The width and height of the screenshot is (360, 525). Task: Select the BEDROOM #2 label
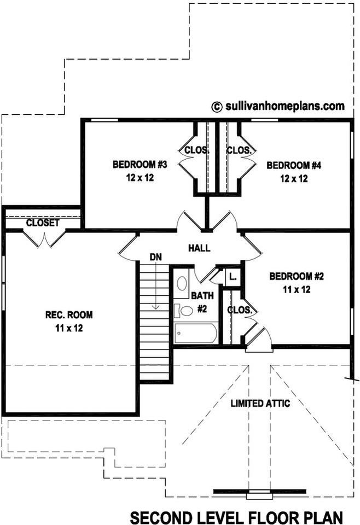[x=297, y=276]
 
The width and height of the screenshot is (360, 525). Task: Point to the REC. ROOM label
[x=68, y=314]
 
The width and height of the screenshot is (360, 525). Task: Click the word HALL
[x=199, y=248]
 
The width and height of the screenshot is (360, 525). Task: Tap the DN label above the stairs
[x=155, y=256]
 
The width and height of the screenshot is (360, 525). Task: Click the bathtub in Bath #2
[x=195, y=332]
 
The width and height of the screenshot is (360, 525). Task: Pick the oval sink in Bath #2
[x=182, y=283]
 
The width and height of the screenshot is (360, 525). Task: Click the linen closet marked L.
[x=232, y=276]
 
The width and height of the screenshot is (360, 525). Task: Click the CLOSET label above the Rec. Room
[x=42, y=223]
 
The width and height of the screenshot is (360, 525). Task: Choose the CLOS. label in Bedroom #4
[x=239, y=150]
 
